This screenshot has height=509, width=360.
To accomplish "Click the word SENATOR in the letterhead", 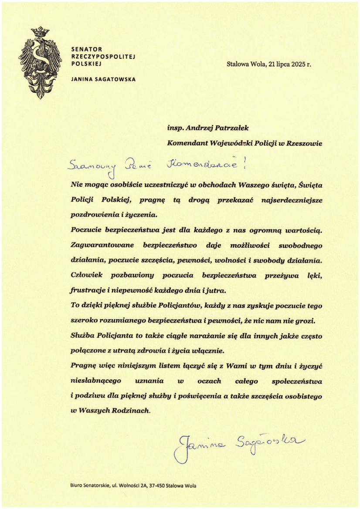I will pyautogui.click(x=86, y=49).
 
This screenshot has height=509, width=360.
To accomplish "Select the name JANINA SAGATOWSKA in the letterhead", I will pyautogui.click(x=103, y=79).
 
